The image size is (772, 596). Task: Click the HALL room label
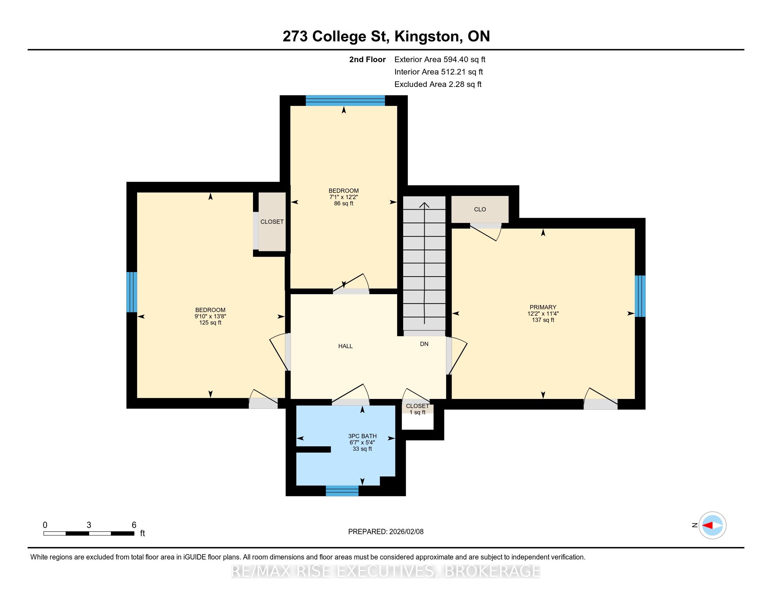click(x=345, y=346)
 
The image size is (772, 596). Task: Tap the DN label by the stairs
click(x=424, y=344)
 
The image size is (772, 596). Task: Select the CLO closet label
click(x=480, y=209)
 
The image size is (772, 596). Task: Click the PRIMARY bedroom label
click(x=543, y=307)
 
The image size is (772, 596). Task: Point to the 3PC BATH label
click(x=362, y=436)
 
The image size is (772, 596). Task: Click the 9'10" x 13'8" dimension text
click(x=210, y=316)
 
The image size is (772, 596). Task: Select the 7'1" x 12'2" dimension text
click(x=344, y=197)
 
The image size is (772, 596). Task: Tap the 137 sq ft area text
click(x=543, y=320)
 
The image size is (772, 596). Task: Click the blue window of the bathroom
click(x=342, y=491)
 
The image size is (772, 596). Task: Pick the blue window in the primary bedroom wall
click(x=640, y=296)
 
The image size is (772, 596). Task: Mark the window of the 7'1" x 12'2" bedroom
click(x=345, y=101)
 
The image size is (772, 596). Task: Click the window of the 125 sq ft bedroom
click(x=132, y=292)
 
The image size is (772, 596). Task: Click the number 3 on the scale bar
click(x=89, y=525)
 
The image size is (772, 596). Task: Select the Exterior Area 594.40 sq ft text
click(x=440, y=60)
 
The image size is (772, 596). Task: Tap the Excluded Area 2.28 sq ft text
click(x=438, y=84)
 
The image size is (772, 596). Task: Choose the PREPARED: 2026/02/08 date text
click(x=386, y=532)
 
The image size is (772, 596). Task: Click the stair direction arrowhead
click(x=424, y=205)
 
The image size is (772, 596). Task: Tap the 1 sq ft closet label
click(x=418, y=412)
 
